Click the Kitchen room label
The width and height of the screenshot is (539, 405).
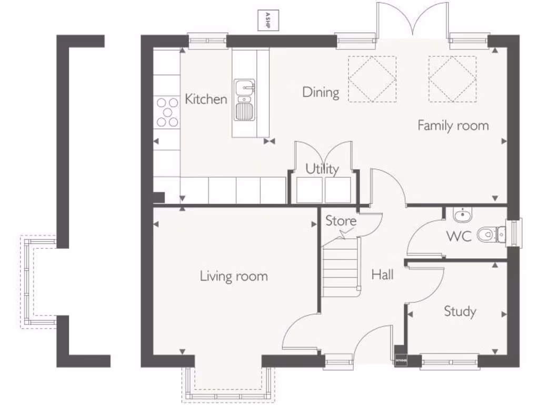pyautogui.click(x=206, y=99)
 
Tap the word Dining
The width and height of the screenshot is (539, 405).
pyautogui.click(x=321, y=92)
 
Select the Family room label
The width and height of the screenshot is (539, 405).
pyautogui.click(x=453, y=126)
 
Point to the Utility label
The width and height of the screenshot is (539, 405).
pyautogui.click(x=322, y=169)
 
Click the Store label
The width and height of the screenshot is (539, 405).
pyautogui.click(x=341, y=221)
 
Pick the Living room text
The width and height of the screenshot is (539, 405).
pyautogui.click(x=234, y=276)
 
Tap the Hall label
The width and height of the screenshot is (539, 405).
pyautogui.click(x=382, y=274)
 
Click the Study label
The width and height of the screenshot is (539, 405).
pyautogui.click(x=460, y=311)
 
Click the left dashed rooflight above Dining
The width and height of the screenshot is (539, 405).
pyautogui.click(x=372, y=79)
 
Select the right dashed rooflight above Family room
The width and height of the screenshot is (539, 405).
pyautogui.click(x=452, y=79)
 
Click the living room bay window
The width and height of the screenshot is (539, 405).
pyautogui.click(x=228, y=382)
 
